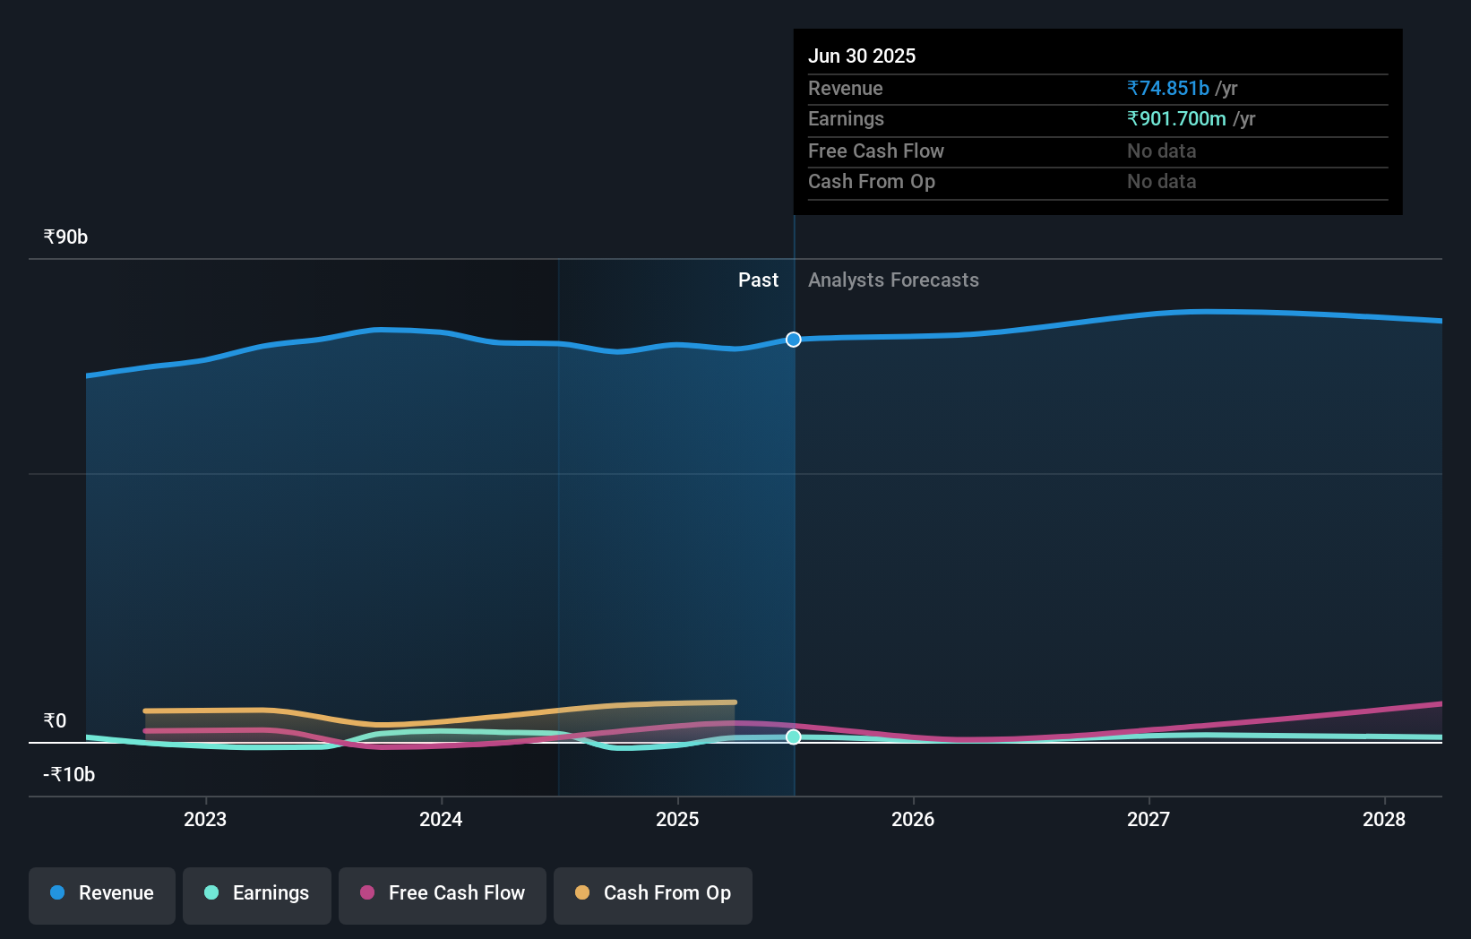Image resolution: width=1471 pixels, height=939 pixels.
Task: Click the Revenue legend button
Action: (102, 893)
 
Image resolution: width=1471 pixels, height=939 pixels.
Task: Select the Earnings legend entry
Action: (257, 893)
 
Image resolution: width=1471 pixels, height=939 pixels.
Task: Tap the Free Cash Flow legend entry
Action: (443, 893)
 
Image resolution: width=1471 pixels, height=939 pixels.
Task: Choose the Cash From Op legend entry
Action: (653, 893)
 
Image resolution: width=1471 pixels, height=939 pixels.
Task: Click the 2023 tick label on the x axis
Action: (205, 819)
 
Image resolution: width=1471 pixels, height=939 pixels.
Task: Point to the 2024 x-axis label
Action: (441, 819)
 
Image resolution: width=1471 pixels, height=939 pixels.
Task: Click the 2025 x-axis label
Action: (677, 819)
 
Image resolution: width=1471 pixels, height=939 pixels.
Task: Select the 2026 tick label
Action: (913, 819)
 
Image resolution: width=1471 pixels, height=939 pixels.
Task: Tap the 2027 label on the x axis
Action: (1148, 819)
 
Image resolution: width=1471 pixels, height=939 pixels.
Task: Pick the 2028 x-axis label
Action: (1384, 819)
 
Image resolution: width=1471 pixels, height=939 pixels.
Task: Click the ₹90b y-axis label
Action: (65, 237)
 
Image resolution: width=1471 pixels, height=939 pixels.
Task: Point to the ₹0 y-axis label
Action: (55, 721)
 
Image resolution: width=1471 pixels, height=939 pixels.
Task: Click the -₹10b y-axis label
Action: (69, 775)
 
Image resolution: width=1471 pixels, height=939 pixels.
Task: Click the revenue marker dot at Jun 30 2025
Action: (794, 340)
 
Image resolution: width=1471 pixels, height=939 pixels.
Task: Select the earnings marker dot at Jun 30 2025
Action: (794, 737)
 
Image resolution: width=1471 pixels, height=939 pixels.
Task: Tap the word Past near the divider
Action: (758, 280)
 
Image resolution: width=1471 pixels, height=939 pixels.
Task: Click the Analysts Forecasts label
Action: (893, 280)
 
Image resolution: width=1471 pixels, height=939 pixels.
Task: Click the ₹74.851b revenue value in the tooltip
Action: (1168, 88)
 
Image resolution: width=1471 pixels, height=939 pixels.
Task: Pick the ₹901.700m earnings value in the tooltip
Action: (1176, 119)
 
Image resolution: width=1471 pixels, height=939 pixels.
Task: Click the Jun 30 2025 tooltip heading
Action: (862, 56)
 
